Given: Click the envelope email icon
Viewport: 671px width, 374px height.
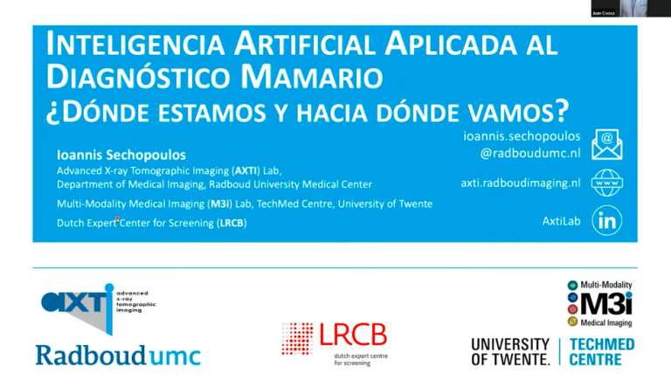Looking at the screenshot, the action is tap(607, 145).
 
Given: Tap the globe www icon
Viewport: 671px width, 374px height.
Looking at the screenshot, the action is tap(607, 183).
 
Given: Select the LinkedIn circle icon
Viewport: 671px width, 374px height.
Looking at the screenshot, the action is tap(607, 220).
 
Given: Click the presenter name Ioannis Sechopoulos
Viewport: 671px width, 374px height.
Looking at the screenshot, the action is tap(121, 155).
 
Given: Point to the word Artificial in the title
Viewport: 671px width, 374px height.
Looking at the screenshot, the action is tap(305, 44).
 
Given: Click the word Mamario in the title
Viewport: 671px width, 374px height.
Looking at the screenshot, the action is tap(312, 77).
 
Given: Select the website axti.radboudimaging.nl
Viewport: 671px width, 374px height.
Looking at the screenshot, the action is tap(521, 184).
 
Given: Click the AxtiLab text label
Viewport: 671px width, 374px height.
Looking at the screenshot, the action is tap(562, 221).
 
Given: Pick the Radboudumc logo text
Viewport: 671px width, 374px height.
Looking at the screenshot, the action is tap(118, 355).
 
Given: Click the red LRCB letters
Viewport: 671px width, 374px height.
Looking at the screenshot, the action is tap(353, 335).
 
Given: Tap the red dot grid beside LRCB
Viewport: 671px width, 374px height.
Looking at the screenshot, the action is tap(297, 339).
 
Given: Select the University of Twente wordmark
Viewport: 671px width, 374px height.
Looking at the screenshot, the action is tap(510, 352).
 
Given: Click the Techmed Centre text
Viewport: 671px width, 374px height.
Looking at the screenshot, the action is tap(602, 352).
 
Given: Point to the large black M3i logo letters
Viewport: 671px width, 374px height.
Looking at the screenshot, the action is tap(606, 303).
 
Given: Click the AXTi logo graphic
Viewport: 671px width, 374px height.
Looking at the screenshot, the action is tap(99, 308).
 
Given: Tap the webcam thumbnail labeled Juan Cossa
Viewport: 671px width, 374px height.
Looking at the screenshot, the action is tap(631, 8).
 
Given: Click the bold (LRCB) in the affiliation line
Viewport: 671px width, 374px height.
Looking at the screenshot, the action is tap(232, 223).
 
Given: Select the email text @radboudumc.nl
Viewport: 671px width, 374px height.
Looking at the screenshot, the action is tap(530, 153).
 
